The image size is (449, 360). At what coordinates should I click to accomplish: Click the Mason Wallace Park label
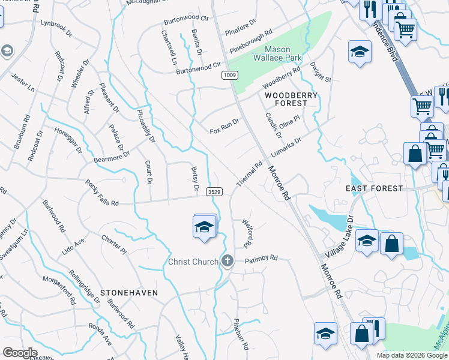[278, 55]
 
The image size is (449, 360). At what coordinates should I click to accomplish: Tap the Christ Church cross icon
[227, 261]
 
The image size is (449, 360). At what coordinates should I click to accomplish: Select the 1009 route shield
[229, 75]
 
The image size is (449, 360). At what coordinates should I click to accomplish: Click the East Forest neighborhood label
[375, 188]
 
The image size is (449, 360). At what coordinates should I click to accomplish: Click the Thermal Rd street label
[250, 173]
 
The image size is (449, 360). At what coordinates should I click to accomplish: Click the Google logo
[20, 353]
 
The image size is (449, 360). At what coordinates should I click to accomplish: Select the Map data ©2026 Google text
[412, 355]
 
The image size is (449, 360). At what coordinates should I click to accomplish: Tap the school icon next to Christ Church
[205, 227]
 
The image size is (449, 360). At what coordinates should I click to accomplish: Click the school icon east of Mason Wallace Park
[359, 52]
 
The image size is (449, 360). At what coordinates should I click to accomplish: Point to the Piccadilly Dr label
[146, 125]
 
